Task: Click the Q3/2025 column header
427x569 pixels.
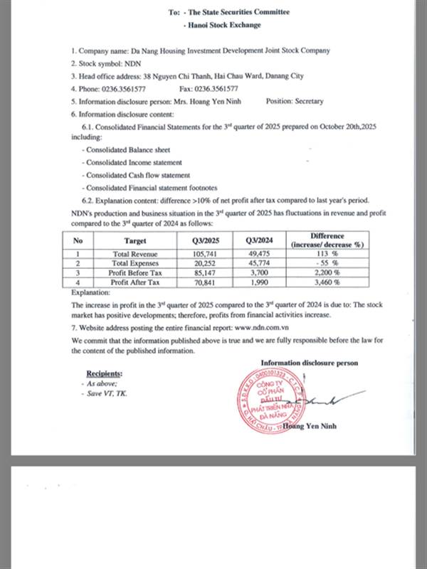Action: [206, 240]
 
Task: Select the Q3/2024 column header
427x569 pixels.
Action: [259, 240]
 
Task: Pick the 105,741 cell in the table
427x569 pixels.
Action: [206, 254]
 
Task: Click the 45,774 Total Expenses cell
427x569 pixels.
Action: [259, 263]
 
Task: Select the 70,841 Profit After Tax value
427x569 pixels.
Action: [206, 282]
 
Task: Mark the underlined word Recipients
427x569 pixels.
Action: [104, 373]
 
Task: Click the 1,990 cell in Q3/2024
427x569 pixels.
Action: [259, 282]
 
